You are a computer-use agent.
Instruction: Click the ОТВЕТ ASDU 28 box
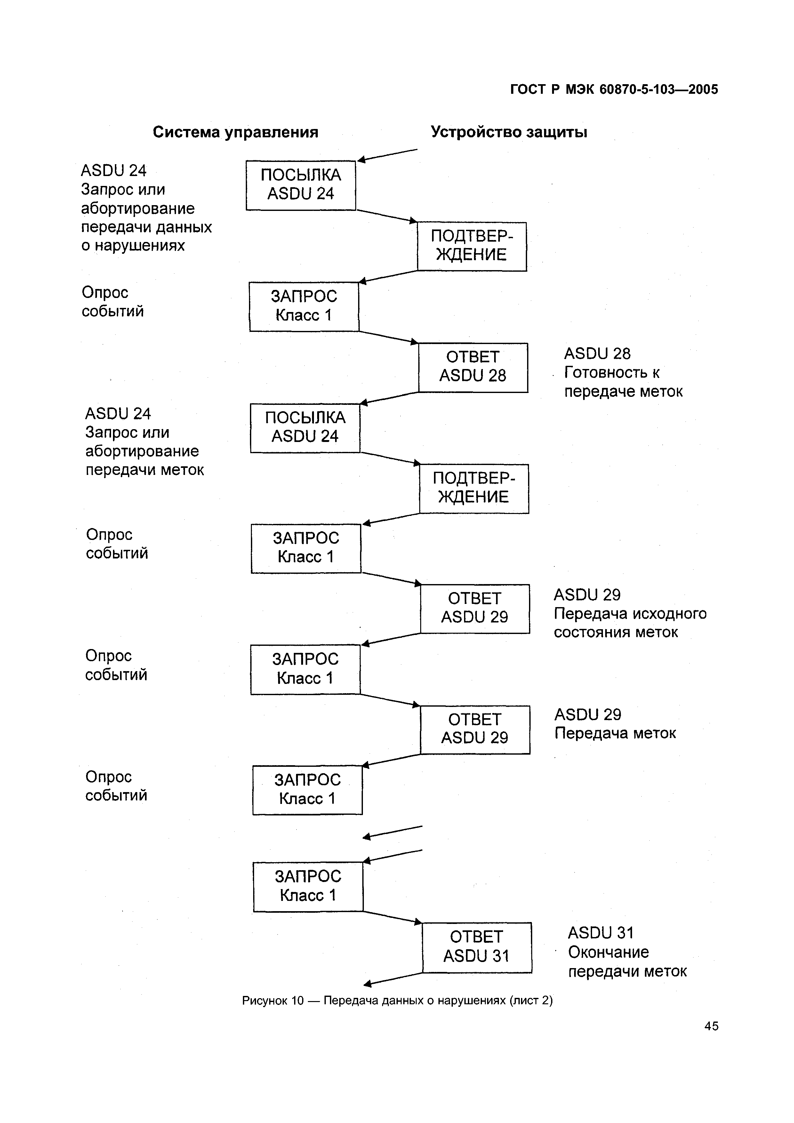tap(473, 367)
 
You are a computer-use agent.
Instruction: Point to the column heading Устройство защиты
tap(509, 132)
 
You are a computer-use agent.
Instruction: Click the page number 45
tap(711, 1039)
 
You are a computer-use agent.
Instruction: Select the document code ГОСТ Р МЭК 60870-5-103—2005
tap(614, 90)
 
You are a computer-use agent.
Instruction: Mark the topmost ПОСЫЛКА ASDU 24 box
tap(301, 185)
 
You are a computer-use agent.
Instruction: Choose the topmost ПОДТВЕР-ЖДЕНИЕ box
tap(472, 246)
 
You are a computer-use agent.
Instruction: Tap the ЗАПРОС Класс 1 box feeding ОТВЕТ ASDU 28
tap(304, 307)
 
